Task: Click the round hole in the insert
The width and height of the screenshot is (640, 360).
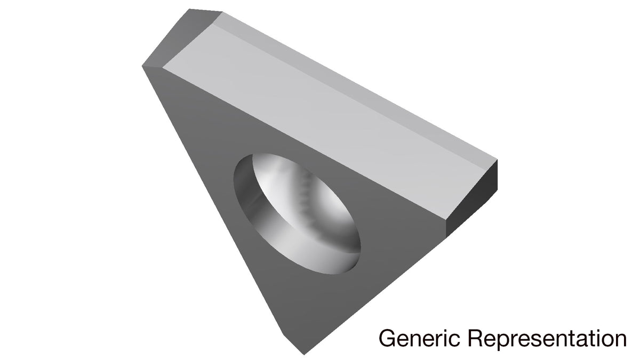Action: pos(297,214)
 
